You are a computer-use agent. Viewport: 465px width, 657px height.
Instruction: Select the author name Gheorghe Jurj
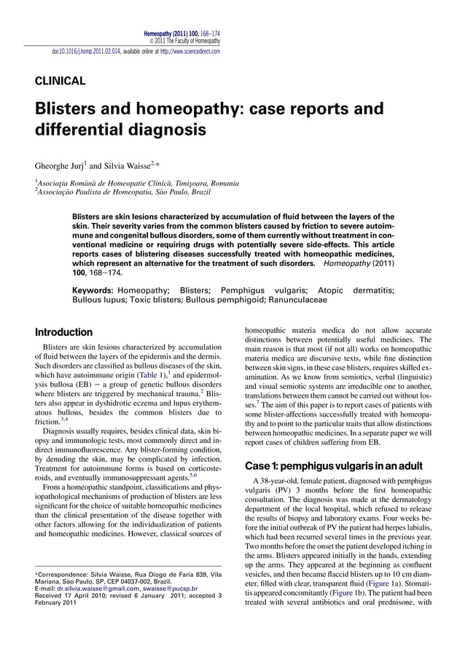[x=63, y=165]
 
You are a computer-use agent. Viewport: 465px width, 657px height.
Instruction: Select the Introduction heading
[x=63, y=332]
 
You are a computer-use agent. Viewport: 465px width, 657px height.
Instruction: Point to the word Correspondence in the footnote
[x=66, y=575]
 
